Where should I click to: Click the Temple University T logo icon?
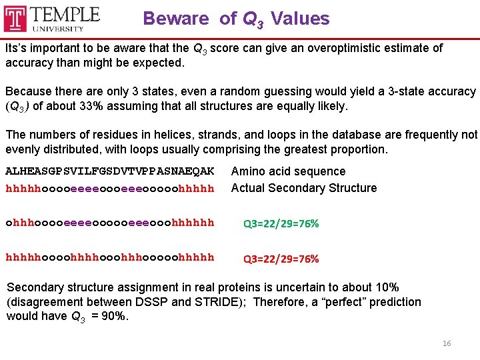click(x=15, y=18)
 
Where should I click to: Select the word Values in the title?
click(x=300, y=19)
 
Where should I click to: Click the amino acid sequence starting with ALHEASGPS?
click(x=109, y=171)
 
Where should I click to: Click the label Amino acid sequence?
click(x=288, y=171)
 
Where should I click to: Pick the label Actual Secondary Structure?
click(x=303, y=188)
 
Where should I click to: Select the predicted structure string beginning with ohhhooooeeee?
click(x=109, y=223)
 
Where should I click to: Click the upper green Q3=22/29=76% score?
click(x=281, y=224)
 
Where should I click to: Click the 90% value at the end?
click(x=113, y=316)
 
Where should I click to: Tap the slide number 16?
click(x=447, y=343)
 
